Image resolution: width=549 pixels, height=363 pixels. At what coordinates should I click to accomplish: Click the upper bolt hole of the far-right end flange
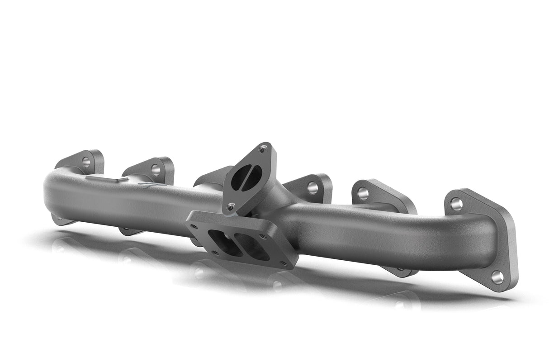pyautogui.click(x=456, y=204)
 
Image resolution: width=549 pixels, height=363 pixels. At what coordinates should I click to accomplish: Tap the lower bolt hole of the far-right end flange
pyautogui.click(x=497, y=277)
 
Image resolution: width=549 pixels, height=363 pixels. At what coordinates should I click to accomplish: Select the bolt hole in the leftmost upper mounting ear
pyautogui.click(x=86, y=161)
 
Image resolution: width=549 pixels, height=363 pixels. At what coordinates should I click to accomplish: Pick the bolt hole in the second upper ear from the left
pyautogui.click(x=156, y=170)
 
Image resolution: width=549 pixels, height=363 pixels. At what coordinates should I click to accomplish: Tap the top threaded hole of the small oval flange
pyautogui.click(x=263, y=148)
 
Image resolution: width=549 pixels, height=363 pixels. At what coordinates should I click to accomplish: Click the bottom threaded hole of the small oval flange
pyautogui.click(x=231, y=207)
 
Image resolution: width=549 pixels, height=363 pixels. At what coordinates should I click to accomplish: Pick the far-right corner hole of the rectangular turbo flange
pyautogui.click(x=284, y=264)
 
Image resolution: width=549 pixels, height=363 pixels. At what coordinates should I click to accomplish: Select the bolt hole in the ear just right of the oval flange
pyautogui.click(x=312, y=187)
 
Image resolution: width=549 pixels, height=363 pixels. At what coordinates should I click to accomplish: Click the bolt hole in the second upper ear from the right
pyautogui.click(x=363, y=194)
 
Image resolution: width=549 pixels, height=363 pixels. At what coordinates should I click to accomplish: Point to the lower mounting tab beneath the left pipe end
pyautogui.click(x=61, y=220)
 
